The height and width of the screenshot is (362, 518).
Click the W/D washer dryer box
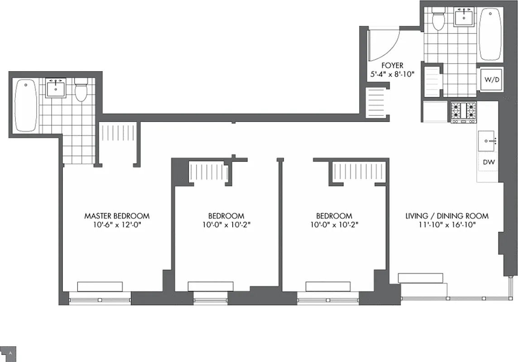click(x=490, y=80)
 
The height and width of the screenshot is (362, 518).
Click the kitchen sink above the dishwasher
click(x=487, y=141)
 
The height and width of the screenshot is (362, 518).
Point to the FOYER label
click(x=392, y=66)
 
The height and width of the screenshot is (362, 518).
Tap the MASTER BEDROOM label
click(x=117, y=216)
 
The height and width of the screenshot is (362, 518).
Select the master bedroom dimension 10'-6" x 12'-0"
click(x=117, y=225)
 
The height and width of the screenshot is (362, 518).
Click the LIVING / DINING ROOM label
click(x=446, y=216)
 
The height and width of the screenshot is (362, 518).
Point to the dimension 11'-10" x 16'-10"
click(x=446, y=225)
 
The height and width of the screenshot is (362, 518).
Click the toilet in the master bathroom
click(x=81, y=90)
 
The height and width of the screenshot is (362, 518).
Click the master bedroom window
click(x=100, y=299)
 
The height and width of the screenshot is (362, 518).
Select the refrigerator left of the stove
click(x=435, y=112)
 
